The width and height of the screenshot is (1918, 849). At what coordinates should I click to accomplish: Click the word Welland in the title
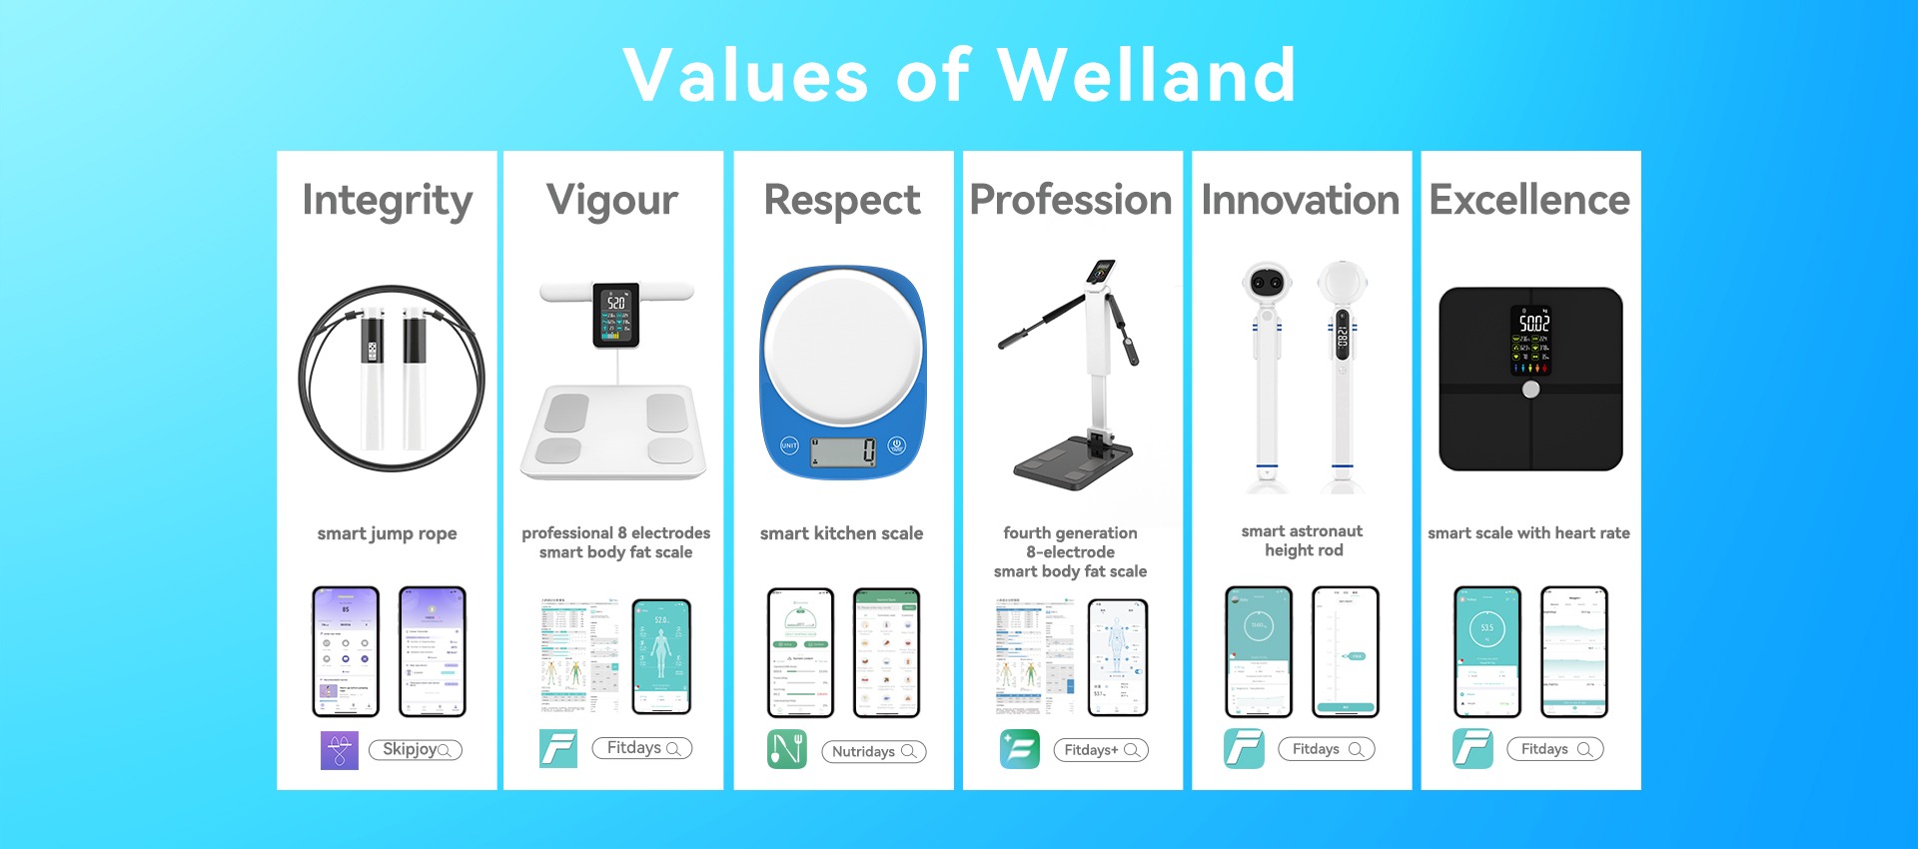1147,75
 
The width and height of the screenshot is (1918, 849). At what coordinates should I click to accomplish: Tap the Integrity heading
388,201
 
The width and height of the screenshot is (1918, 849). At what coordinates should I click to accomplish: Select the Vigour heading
612,201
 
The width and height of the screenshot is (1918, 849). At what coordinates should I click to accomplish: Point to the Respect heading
842,201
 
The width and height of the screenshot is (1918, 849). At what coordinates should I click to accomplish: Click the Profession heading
1071,201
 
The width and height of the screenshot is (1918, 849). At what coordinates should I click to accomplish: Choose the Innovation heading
1301,201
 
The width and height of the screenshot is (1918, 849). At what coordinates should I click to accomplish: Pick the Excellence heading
1529,201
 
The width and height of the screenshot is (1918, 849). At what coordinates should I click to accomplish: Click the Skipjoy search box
416,750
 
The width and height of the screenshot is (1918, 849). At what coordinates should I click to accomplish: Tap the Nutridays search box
874,751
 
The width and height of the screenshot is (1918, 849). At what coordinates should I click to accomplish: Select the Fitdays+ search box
1101,750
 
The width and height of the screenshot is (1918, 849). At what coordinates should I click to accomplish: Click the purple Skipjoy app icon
340,750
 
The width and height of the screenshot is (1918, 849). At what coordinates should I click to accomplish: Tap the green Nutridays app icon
787,749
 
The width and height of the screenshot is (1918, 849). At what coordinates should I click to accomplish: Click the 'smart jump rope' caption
388,533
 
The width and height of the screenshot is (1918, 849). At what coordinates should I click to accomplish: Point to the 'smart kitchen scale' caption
841,533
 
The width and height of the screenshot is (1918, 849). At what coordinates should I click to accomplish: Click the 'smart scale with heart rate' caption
1528,533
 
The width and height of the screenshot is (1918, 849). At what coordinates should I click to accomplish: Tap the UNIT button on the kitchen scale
789,445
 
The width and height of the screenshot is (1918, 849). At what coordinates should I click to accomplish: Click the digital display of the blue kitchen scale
844,452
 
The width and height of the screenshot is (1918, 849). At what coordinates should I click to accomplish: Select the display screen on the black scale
1531,341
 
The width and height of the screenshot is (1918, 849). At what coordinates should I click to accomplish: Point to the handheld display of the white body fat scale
616,316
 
